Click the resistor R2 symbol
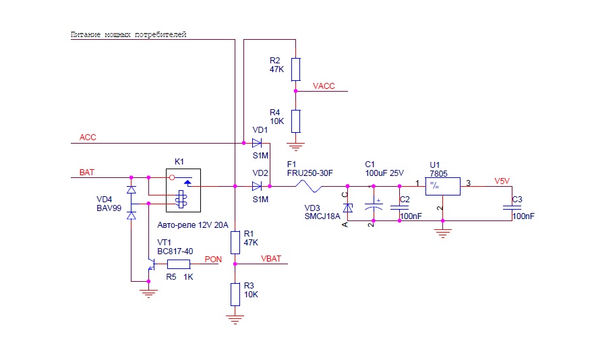295,69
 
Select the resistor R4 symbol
295,121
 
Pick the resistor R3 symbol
235,294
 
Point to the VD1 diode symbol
257,143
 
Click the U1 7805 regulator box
442,186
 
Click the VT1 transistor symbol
150,265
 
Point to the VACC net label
324,86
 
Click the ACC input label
88,138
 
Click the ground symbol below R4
295,145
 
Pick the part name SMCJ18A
323,216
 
